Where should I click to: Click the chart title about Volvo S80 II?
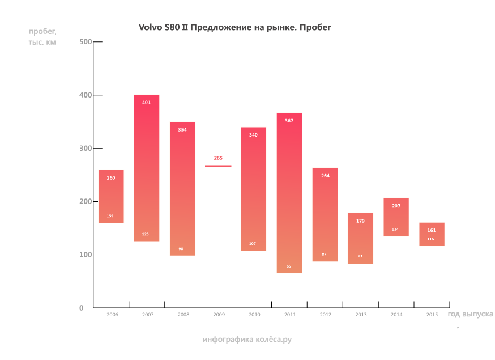click(234, 27)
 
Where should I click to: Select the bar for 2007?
click(147, 168)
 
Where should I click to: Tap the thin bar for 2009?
click(218, 166)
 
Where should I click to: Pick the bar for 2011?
click(289, 193)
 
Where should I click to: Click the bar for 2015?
click(432, 234)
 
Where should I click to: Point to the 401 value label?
click(147, 103)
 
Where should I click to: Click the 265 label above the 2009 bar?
click(218, 158)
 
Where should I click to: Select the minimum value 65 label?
click(289, 266)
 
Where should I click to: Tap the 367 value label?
click(289, 121)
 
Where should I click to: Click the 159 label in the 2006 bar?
click(110, 216)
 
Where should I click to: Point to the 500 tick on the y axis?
click(86, 42)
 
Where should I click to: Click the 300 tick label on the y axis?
click(86, 149)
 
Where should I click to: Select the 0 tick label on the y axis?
click(81, 308)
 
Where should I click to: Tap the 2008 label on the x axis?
click(183, 314)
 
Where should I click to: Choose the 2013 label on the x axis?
click(361, 314)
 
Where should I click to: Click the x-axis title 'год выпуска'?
click(470, 314)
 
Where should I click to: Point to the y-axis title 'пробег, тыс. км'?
click(42, 37)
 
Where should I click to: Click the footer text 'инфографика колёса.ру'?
click(247, 340)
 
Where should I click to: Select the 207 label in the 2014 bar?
click(396, 206)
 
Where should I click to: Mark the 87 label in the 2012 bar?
click(324, 254)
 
